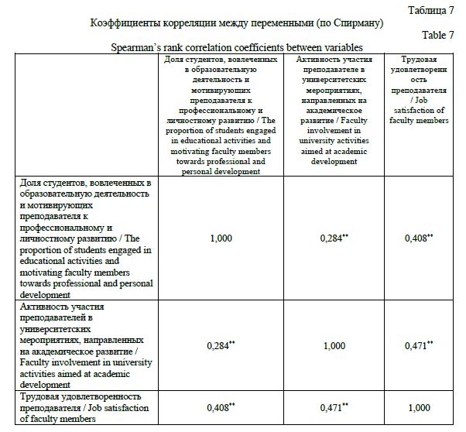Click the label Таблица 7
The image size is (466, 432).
(x=430, y=9)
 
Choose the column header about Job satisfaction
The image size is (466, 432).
(x=418, y=90)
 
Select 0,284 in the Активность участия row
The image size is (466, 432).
(x=219, y=346)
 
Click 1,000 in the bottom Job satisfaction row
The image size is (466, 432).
(x=418, y=408)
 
